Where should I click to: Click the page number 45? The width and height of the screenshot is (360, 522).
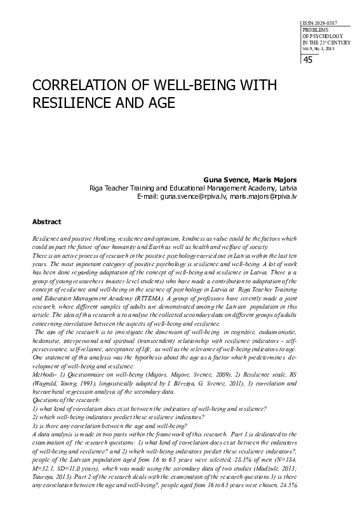[308, 60]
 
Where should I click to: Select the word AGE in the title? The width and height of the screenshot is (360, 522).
[158, 101]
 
